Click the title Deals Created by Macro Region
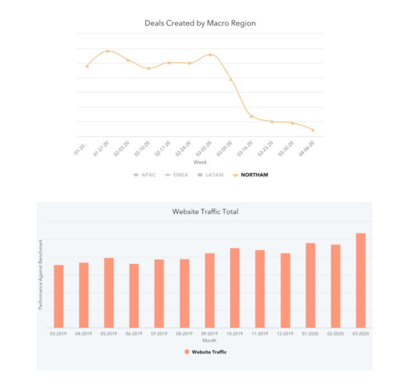[x=200, y=23]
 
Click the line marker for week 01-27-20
[x=107, y=51]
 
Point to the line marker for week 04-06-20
[x=313, y=130]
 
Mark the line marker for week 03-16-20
[x=251, y=116]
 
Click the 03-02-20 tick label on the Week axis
[x=204, y=149]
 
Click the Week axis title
[x=200, y=162]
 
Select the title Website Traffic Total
[x=205, y=212]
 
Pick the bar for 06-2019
[x=134, y=295]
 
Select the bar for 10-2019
[x=234, y=288]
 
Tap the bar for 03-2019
[x=58, y=296]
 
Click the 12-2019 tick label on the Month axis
[x=285, y=333]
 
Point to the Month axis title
[x=209, y=340]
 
